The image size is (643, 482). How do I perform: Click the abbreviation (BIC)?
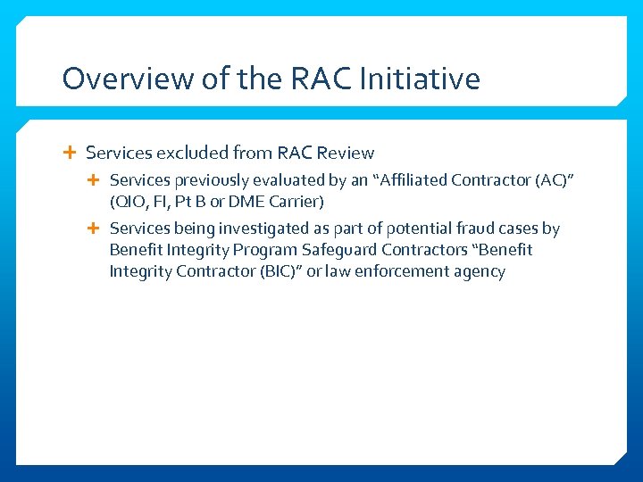coord(273,271)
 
